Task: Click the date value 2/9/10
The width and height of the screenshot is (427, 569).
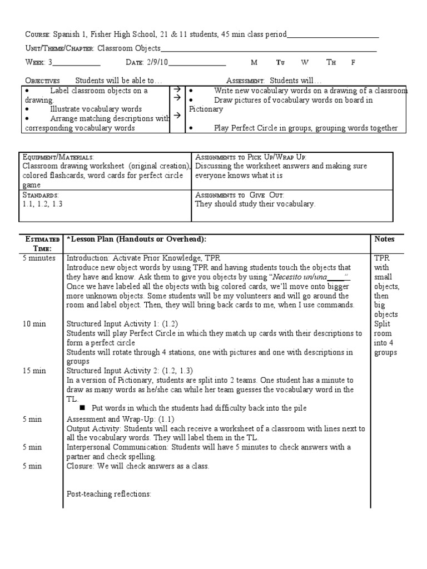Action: [157, 63]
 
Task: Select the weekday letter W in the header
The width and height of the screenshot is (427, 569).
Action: [304, 63]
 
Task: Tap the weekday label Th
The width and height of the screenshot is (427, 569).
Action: [331, 63]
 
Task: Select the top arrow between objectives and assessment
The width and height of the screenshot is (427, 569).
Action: [176, 89]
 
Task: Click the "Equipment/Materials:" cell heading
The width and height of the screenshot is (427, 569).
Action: [58, 157]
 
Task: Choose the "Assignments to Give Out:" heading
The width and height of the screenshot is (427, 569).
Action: [240, 195]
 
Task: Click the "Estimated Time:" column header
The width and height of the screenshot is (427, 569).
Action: [42, 243]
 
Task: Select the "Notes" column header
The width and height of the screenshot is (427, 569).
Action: [385, 239]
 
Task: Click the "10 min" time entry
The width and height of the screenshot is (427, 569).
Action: [34, 324]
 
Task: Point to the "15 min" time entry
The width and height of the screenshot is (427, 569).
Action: [34, 371]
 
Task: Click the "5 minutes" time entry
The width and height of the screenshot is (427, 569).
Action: [39, 258]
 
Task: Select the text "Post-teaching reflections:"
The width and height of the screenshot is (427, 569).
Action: [109, 494]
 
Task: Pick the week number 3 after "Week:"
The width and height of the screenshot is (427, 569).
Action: [50, 63]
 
